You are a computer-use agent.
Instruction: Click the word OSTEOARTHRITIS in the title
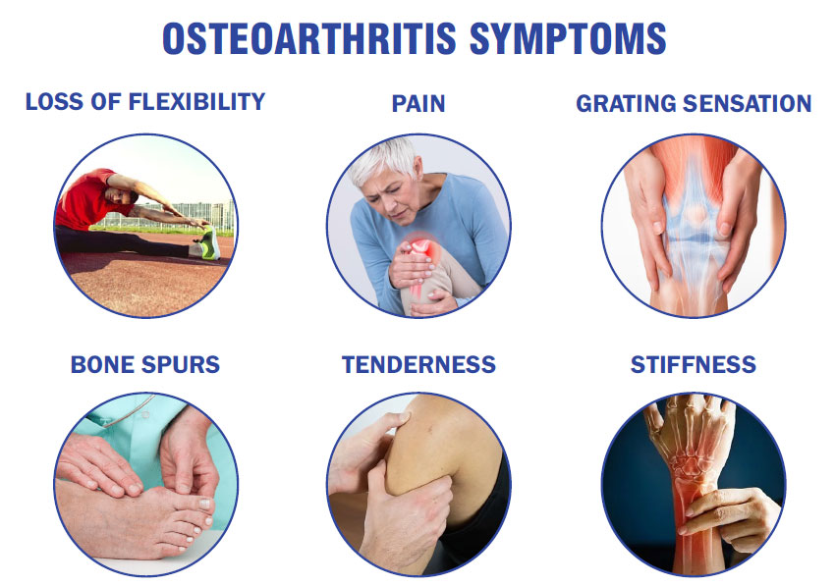[x=309, y=38]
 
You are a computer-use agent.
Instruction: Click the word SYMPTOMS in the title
[x=568, y=38]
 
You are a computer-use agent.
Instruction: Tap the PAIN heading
[x=418, y=104]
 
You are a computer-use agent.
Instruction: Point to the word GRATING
[x=627, y=104]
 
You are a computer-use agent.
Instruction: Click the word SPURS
[x=181, y=364]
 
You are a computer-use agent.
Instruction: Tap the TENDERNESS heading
[x=418, y=364]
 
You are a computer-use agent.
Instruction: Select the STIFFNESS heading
[x=694, y=364]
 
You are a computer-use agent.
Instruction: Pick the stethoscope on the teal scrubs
[x=126, y=412]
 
